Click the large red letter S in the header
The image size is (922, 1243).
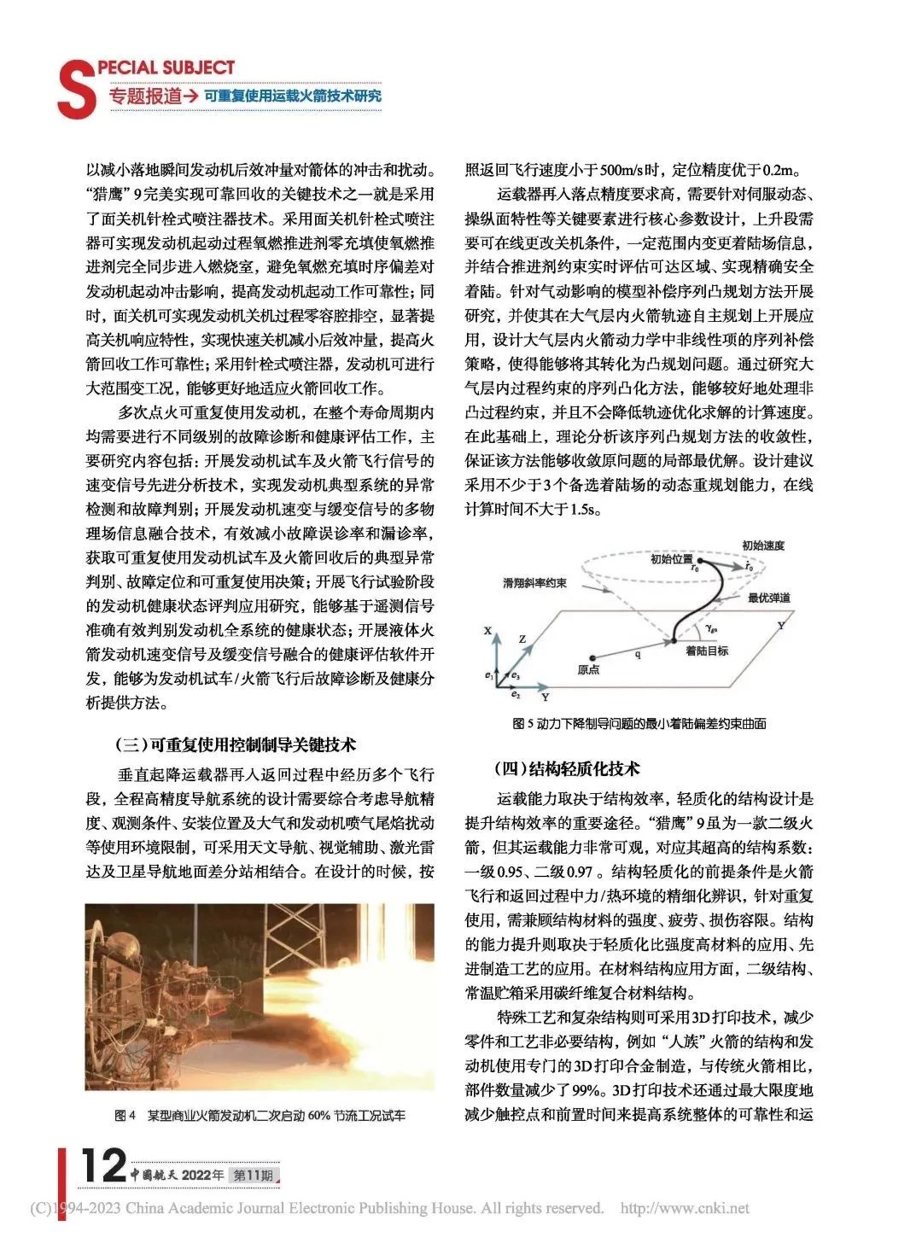tap(76, 90)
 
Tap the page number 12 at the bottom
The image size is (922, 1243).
tap(103, 1165)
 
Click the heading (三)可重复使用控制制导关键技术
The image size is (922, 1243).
tap(235, 744)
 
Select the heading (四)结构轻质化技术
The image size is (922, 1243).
tap(566, 768)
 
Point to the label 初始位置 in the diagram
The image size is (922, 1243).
tap(671, 559)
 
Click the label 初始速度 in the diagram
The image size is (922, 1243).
tap(762, 546)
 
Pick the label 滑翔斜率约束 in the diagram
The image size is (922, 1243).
tap(535, 583)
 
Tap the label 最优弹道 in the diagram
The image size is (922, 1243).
tap(769, 598)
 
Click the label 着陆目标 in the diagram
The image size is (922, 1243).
tap(707, 651)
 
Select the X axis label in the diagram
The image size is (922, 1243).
tap(487, 631)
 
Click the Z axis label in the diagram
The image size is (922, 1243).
tap(522, 639)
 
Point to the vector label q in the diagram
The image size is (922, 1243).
tap(638, 654)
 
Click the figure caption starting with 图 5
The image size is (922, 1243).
tap(639, 723)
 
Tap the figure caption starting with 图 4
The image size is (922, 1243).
tap(260, 1115)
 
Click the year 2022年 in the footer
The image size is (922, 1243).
tap(203, 1175)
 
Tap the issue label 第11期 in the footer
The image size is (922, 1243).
tap(254, 1175)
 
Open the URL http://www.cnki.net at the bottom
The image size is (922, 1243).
tap(685, 1208)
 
